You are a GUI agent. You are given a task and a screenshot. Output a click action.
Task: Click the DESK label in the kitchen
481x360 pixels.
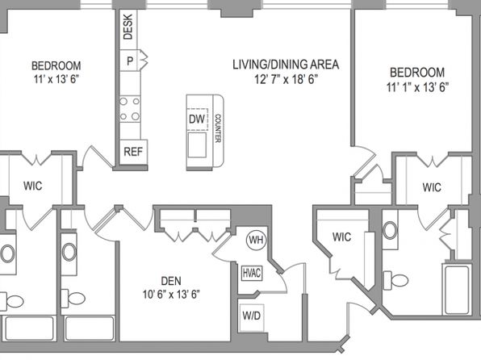pos(128,27)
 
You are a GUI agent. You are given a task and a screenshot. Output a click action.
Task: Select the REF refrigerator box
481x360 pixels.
pos(133,152)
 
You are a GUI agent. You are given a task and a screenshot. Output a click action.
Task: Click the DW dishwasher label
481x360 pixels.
pos(197,119)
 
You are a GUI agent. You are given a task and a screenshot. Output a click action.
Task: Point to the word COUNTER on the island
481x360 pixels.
pos(217,128)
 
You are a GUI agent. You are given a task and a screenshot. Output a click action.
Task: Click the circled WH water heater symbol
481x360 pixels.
pos(257,240)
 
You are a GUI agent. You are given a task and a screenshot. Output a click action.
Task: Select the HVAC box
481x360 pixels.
pos(252,273)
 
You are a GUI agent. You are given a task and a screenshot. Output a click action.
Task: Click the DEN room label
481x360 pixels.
pos(171,281)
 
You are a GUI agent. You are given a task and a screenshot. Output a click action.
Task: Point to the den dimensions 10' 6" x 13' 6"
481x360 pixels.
pos(171,295)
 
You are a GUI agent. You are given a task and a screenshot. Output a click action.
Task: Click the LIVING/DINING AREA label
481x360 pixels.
pos(286,65)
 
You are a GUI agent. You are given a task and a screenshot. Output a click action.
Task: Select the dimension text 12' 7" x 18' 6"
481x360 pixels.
pos(286,79)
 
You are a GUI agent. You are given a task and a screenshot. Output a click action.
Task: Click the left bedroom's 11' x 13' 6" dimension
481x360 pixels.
pos(56,79)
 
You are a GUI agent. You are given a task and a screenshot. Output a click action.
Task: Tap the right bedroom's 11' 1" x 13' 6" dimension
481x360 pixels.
pos(417,87)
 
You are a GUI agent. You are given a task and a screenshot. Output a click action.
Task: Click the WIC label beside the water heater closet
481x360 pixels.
pos(341,237)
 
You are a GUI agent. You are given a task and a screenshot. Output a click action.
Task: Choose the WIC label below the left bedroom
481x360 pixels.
pos(33,186)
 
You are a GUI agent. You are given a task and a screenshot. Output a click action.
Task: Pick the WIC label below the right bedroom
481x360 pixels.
pos(432,187)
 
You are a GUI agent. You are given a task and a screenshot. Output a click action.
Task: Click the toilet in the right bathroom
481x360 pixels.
pos(395,280)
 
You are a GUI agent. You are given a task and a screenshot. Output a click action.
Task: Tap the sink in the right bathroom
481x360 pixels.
pos(390,230)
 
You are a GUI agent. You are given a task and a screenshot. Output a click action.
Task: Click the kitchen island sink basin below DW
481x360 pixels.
pos(197,144)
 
